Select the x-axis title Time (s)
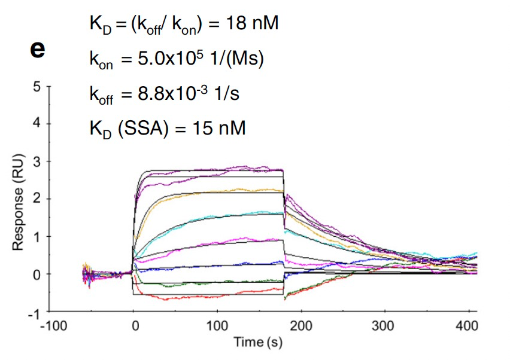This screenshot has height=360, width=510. coord(257,343)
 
